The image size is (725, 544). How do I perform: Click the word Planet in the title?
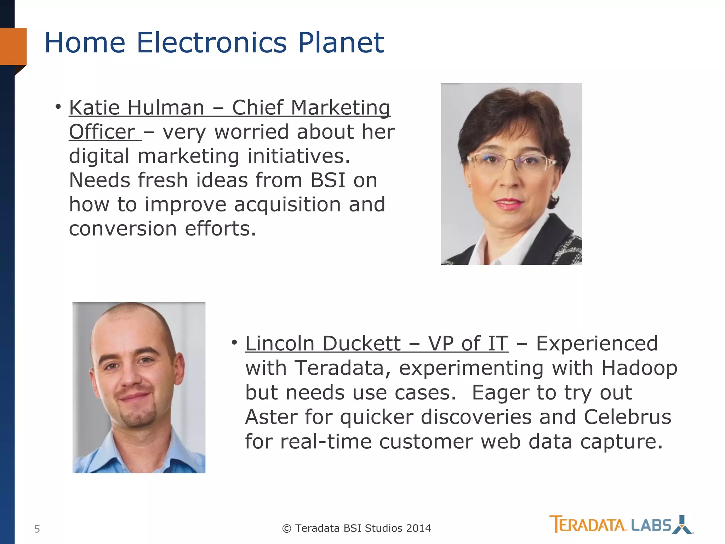341,43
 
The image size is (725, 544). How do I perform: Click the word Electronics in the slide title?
211,43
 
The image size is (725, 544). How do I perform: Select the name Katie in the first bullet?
94,108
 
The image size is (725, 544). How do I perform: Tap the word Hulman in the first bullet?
166,108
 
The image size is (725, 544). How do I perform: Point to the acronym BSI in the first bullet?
327,180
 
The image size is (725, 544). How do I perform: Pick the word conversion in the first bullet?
122,229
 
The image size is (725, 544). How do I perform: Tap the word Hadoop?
639,368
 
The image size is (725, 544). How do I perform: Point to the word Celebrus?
627,417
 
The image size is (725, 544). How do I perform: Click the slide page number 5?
37,529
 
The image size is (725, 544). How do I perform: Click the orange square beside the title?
13,46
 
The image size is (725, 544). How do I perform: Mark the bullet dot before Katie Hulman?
58,106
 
